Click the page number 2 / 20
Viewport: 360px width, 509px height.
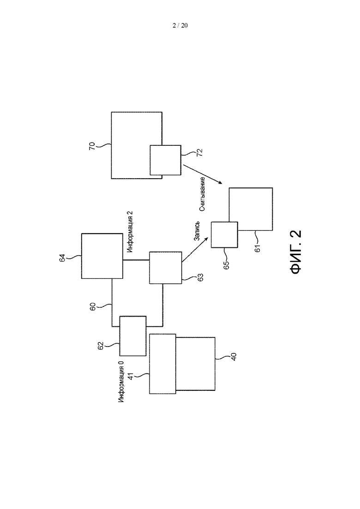click(x=180, y=26)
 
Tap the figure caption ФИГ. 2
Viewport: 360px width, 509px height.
click(x=295, y=252)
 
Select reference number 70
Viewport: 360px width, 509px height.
click(x=92, y=146)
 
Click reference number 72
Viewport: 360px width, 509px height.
click(x=200, y=153)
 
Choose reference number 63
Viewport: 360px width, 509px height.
click(x=201, y=277)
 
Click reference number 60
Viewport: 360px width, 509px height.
click(x=92, y=307)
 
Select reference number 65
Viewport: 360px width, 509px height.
click(x=226, y=265)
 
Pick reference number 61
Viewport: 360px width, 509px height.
click(x=258, y=248)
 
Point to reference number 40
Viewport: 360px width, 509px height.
click(x=234, y=356)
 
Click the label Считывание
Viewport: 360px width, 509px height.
click(x=202, y=194)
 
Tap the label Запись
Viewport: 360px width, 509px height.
click(x=197, y=232)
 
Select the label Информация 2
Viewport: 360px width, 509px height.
click(x=130, y=232)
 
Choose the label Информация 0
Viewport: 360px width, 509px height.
click(x=121, y=382)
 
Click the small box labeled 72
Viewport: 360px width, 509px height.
click(x=165, y=161)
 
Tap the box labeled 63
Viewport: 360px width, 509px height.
click(x=166, y=268)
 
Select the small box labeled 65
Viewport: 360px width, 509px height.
click(x=224, y=235)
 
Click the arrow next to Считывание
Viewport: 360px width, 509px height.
click(x=203, y=174)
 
